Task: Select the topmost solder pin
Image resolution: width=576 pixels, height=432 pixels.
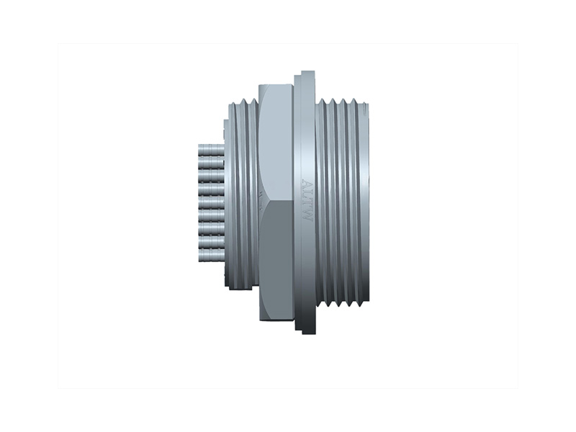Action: coord(210,148)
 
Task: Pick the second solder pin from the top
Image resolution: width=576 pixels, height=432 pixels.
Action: coord(210,161)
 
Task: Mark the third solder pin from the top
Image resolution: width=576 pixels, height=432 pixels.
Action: coord(210,175)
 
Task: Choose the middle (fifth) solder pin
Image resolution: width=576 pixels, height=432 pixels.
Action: coord(210,201)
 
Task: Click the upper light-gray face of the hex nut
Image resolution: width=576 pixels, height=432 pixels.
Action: coord(275,144)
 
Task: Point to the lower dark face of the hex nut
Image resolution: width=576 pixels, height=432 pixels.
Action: coord(275,259)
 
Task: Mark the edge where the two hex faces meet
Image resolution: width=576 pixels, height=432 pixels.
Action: coord(275,203)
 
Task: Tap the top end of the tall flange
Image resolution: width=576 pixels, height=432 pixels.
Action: coord(307,74)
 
